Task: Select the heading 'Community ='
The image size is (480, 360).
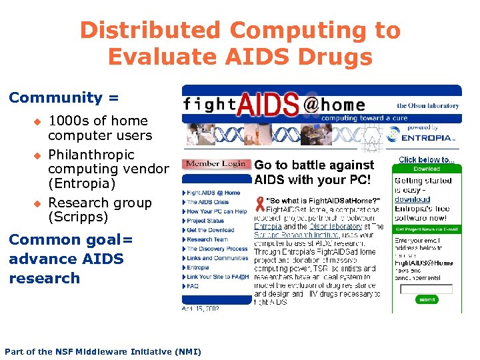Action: click(64, 97)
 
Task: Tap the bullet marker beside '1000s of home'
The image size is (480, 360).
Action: click(38, 121)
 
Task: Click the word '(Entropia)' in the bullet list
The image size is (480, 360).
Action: click(81, 183)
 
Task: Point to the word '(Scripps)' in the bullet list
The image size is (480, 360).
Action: click(77, 217)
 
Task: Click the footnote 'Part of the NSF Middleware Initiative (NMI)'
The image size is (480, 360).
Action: click(103, 351)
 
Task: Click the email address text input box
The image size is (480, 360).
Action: click(426, 289)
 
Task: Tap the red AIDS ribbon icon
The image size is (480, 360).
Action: click(259, 203)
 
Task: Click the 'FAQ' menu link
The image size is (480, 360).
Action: click(193, 286)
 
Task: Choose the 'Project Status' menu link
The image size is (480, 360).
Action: click(205, 221)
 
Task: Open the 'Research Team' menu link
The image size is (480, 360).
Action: click(207, 239)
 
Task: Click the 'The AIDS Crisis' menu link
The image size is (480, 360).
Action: click(207, 202)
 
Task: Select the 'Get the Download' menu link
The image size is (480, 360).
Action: click(210, 230)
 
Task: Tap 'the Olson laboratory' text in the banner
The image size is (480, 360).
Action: click(428, 105)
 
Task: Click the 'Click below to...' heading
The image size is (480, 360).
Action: click(427, 160)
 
